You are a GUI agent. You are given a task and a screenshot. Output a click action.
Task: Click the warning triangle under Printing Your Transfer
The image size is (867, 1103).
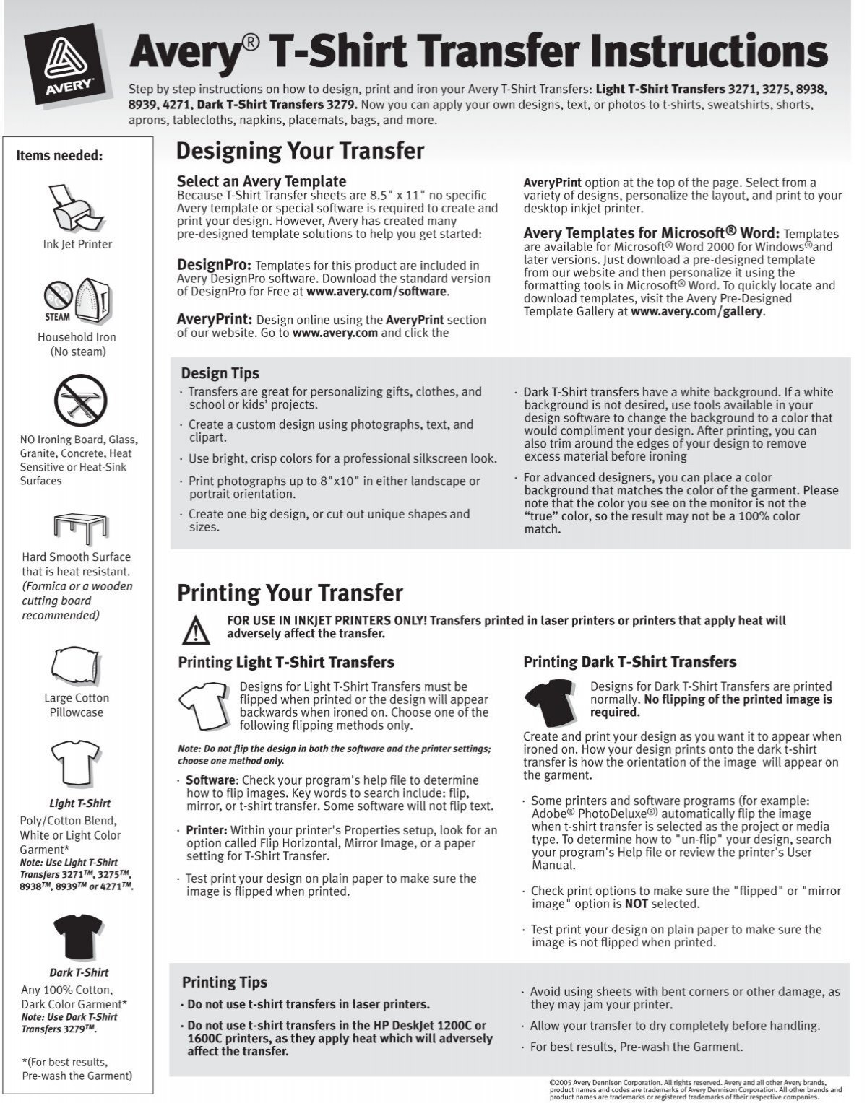click(x=195, y=630)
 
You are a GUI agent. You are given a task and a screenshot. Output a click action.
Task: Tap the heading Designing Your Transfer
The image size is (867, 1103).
click(x=300, y=151)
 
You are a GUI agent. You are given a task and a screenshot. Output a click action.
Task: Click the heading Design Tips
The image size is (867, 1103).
click(x=220, y=373)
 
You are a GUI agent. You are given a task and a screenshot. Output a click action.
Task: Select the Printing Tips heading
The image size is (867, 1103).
click(x=224, y=982)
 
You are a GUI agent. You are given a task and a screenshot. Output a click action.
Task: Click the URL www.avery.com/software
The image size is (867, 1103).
click(x=376, y=292)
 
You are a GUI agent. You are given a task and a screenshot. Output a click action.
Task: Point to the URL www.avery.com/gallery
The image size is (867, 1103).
click(x=696, y=312)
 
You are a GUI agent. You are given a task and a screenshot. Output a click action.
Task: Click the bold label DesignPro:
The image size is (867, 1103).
click(x=214, y=265)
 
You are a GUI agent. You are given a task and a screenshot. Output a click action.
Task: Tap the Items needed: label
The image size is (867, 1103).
click(x=59, y=155)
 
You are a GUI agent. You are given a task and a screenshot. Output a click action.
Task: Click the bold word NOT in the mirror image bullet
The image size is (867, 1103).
click(x=636, y=904)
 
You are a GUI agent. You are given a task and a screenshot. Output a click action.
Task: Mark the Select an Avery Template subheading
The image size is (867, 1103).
click(x=261, y=181)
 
